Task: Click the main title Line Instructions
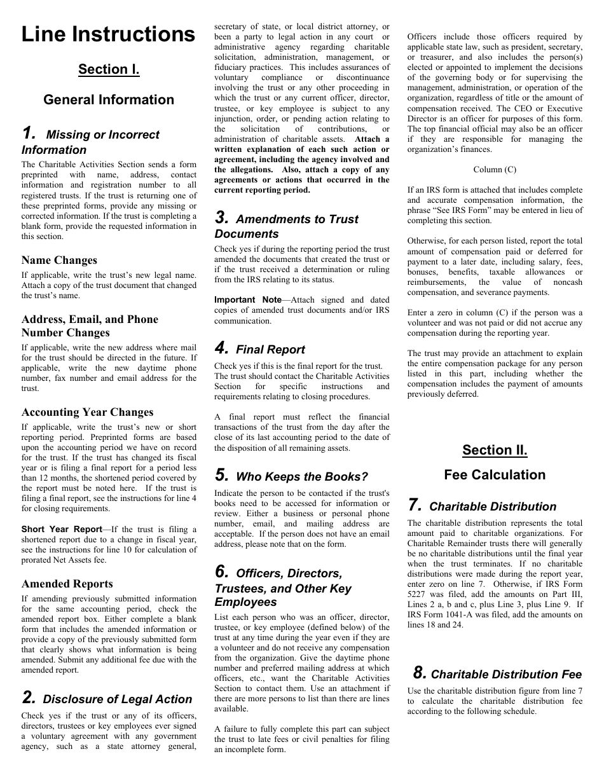[109, 34]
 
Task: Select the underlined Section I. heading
[109, 69]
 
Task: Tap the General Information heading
[109, 100]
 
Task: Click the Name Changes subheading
[59, 260]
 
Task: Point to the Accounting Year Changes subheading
[87, 412]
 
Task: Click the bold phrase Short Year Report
[62, 529]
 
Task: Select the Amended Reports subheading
[67, 584]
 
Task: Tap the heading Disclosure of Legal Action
[117, 699]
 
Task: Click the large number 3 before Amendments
[221, 218]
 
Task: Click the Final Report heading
[270, 350]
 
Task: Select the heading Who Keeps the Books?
[302, 477]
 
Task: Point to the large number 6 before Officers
[221, 572]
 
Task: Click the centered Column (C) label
[495, 170]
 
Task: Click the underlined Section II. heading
[495, 450]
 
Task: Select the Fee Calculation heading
[495, 475]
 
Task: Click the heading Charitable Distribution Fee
[506, 675]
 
